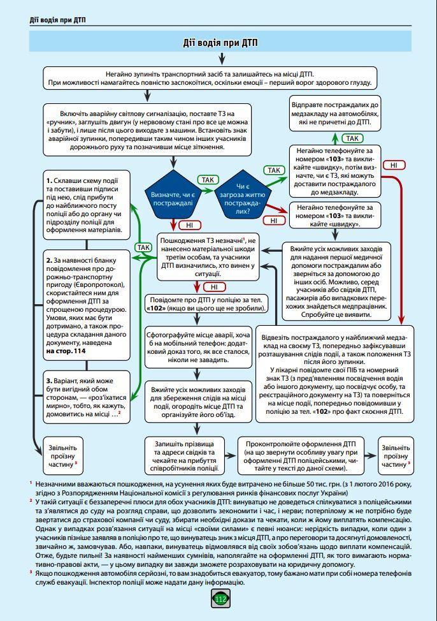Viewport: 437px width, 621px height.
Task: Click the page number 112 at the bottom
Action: click(x=220, y=599)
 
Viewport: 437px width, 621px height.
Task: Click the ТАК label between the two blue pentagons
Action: click(x=208, y=180)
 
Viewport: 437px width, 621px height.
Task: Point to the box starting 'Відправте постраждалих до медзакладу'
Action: click(x=335, y=112)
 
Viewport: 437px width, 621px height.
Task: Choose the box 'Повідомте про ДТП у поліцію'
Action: click(x=206, y=303)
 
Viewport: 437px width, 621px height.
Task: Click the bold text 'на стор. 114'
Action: click(x=66, y=351)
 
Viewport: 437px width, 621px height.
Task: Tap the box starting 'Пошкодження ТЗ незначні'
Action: click(x=208, y=256)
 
